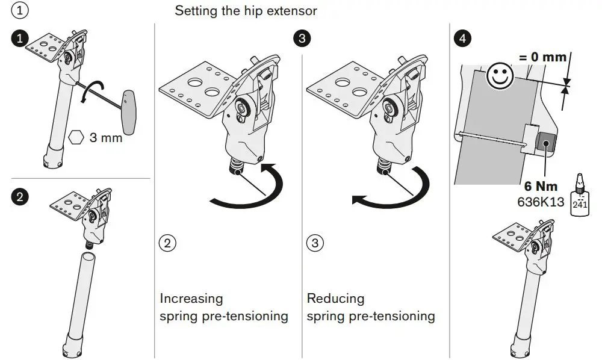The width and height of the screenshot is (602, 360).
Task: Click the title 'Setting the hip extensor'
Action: point(246,11)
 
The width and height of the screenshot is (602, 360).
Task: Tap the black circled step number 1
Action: point(20,39)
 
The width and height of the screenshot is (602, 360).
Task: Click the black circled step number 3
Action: point(303,39)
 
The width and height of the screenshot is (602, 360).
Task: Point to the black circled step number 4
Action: point(462,39)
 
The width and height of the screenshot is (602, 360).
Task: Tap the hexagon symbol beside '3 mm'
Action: point(76,137)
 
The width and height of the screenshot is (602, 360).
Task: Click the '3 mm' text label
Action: point(105,138)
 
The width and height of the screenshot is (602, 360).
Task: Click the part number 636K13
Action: point(541,202)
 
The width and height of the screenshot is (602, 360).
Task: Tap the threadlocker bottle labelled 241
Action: point(580,196)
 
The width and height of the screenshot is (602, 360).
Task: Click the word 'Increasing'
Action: point(191,299)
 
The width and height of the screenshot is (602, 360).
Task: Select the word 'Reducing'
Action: point(335,299)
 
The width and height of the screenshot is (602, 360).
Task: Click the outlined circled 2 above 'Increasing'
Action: point(167,243)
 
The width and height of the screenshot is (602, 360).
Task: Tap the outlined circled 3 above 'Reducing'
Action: point(315,243)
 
